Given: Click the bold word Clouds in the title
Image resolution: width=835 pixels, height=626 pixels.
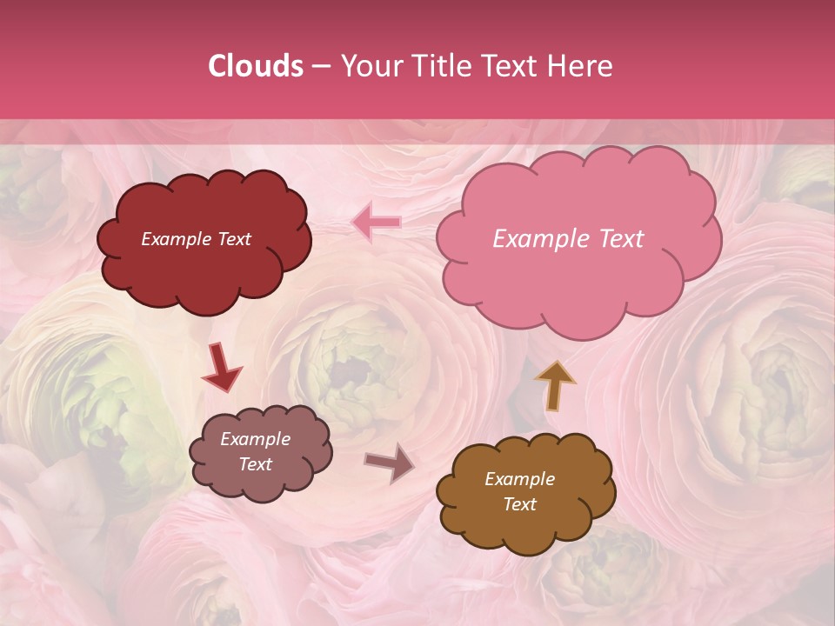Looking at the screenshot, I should (x=255, y=66).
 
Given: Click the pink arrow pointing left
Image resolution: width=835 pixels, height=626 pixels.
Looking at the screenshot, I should (x=377, y=223).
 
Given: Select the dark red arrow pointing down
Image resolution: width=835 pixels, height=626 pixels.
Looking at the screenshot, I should (x=222, y=369).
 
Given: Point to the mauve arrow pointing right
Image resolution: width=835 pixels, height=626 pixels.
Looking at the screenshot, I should (x=390, y=463).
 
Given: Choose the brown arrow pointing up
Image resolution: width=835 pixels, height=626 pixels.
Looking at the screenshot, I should (x=555, y=383).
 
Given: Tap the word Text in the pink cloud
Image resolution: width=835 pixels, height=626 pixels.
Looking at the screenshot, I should (x=622, y=239).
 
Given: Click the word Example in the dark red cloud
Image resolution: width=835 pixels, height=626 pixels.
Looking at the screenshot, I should (x=177, y=239).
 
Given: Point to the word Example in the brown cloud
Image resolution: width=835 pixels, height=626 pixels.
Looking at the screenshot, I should (x=519, y=479).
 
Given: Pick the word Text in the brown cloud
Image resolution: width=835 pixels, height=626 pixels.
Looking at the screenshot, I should (x=519, y=504).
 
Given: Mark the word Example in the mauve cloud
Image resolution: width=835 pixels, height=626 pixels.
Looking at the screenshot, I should (x=255, y=439).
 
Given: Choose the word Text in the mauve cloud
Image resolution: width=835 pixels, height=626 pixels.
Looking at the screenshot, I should (x=255, y=464).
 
